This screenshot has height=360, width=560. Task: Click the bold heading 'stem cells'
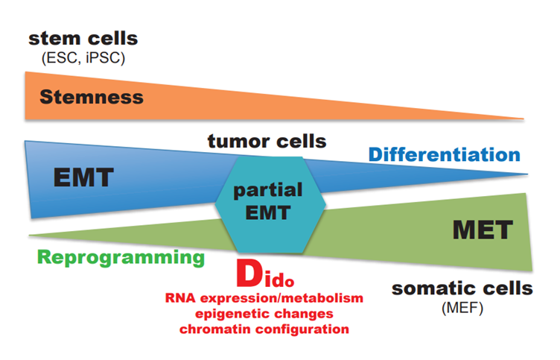[83, 39]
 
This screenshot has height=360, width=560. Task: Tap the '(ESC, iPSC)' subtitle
[83, 58]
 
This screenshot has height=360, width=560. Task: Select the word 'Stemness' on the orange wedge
[92, 97]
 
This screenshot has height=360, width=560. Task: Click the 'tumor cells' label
[267, 141]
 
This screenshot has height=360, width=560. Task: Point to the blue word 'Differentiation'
[445, 154]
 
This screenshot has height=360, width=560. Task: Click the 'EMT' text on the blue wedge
[83, 177]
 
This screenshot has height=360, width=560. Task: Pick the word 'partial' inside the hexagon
[268, 190]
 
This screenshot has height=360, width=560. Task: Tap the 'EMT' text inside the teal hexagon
[268, 212]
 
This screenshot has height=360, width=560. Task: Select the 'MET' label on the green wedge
[483, 230]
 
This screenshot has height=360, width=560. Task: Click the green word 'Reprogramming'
[121, 257]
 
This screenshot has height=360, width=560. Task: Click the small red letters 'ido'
[279, 280]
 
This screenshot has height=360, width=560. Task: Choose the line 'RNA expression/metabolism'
[264, 298]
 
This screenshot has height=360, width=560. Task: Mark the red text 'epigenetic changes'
[264, 314]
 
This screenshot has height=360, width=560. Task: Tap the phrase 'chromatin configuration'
[264, 329]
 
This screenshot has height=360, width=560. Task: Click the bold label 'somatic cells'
[462, 288]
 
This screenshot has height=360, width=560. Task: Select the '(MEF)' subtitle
[462, 308]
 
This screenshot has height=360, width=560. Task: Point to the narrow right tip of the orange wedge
[524, 119]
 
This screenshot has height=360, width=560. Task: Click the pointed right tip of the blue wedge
[527, 174]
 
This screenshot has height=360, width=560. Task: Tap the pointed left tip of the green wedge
[30, 236]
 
